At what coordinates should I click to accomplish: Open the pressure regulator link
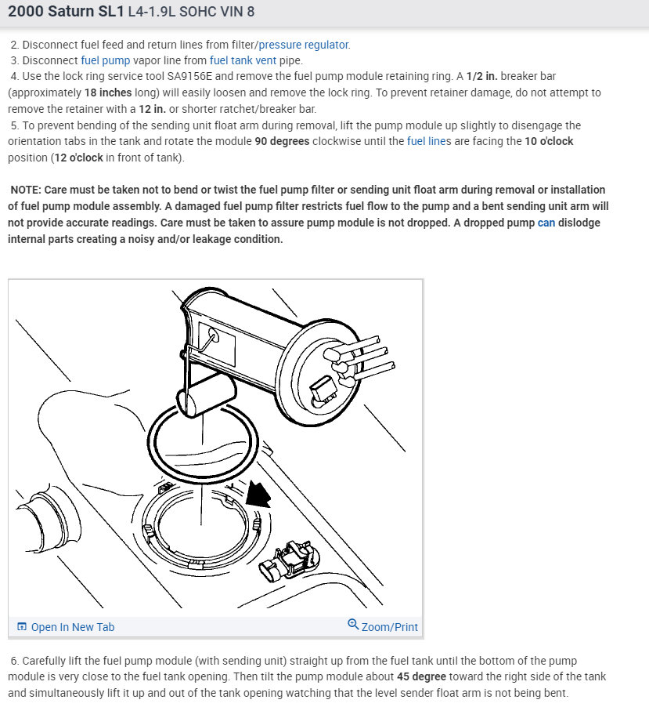coord(305,45)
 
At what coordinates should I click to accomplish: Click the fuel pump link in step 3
coord(105,60)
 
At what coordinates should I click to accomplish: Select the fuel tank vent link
coord(242,60)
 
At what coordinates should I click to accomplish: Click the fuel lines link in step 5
coord(429,141)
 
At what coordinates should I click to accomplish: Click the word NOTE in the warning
coord(26,190)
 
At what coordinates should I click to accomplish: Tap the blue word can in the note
coord(546,223)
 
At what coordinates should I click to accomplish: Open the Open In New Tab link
coord(72,627)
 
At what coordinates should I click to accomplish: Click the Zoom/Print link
coord(389,627)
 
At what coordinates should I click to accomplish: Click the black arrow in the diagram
coord(258,494)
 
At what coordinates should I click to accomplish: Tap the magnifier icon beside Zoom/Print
coord(353,625)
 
